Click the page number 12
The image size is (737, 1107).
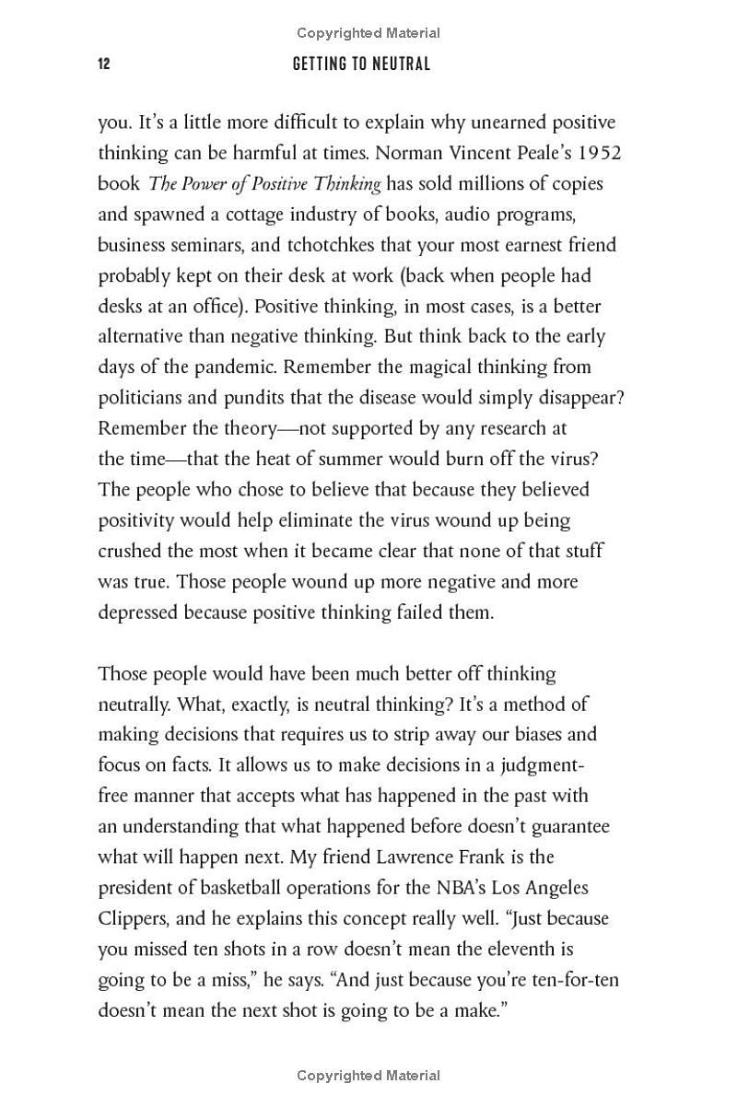coord(104,64)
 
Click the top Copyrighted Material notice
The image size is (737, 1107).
coord(368,33)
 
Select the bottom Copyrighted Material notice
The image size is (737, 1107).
coord(368,1075)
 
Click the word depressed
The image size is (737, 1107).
coord(138,612)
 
